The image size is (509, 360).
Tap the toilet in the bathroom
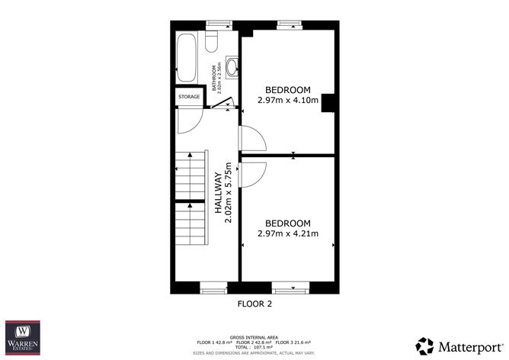pos(213,39)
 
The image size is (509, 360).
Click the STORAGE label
pos(189,97)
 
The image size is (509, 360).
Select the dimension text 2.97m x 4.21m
pos(287,233)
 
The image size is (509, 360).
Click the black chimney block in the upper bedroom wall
pos(328,104)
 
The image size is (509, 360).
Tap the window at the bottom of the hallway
pos(212,288)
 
